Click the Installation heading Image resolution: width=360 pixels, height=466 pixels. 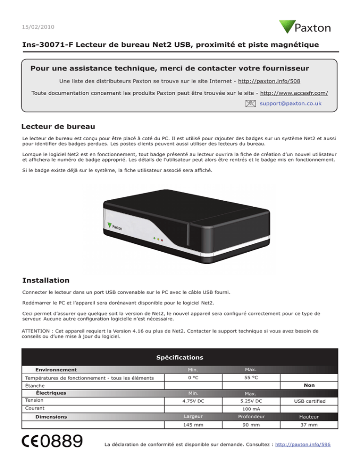[x=46, y=280]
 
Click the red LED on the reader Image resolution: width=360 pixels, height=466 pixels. [x=162, y=240]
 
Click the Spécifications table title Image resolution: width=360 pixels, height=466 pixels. [x=180, y=357]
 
